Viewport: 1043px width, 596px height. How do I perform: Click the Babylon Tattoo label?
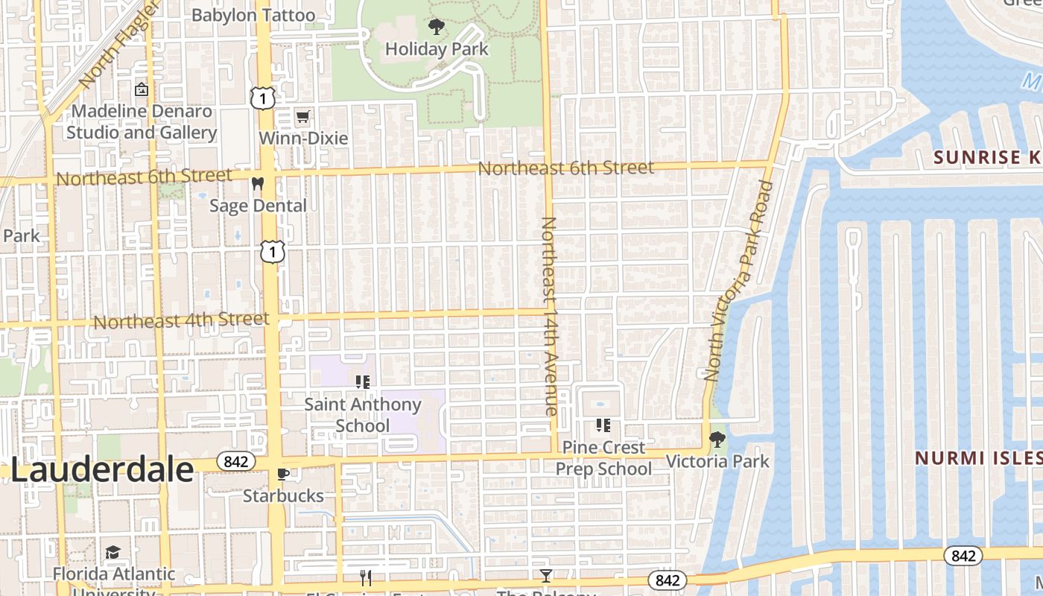tap(253, 15)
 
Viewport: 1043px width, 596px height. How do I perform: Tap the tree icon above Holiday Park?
tap(437, 28)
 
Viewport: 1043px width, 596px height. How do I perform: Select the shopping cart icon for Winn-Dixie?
tap(302, 117)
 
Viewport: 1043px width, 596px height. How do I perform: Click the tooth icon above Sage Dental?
tap(258, 184)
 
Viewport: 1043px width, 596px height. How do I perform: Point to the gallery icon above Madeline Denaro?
tap(141, 90)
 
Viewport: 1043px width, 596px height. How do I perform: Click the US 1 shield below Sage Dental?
tap(273, 252)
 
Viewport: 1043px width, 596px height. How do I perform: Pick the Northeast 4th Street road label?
tap(181, 320)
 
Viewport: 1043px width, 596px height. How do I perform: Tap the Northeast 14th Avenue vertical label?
tap(550, 316)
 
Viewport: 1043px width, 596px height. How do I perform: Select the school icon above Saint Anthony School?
tap(363, 383)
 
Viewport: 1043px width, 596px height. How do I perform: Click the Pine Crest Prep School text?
tap(603, 457)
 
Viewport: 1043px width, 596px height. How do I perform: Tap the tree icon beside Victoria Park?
tap(717, 440)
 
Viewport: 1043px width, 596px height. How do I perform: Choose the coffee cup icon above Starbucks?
tap(283, 474)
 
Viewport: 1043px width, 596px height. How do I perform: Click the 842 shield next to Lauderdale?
tap(235, 462)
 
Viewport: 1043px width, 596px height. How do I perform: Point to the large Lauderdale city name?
tap(102, 471)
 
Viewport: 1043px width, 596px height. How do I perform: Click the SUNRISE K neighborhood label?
tap(987, 157)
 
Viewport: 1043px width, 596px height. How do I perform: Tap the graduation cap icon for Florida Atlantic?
tap(112, 552)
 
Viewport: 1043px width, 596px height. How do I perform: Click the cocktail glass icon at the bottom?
tap(546, 576)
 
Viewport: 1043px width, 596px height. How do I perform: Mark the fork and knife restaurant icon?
tap(366, 578)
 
